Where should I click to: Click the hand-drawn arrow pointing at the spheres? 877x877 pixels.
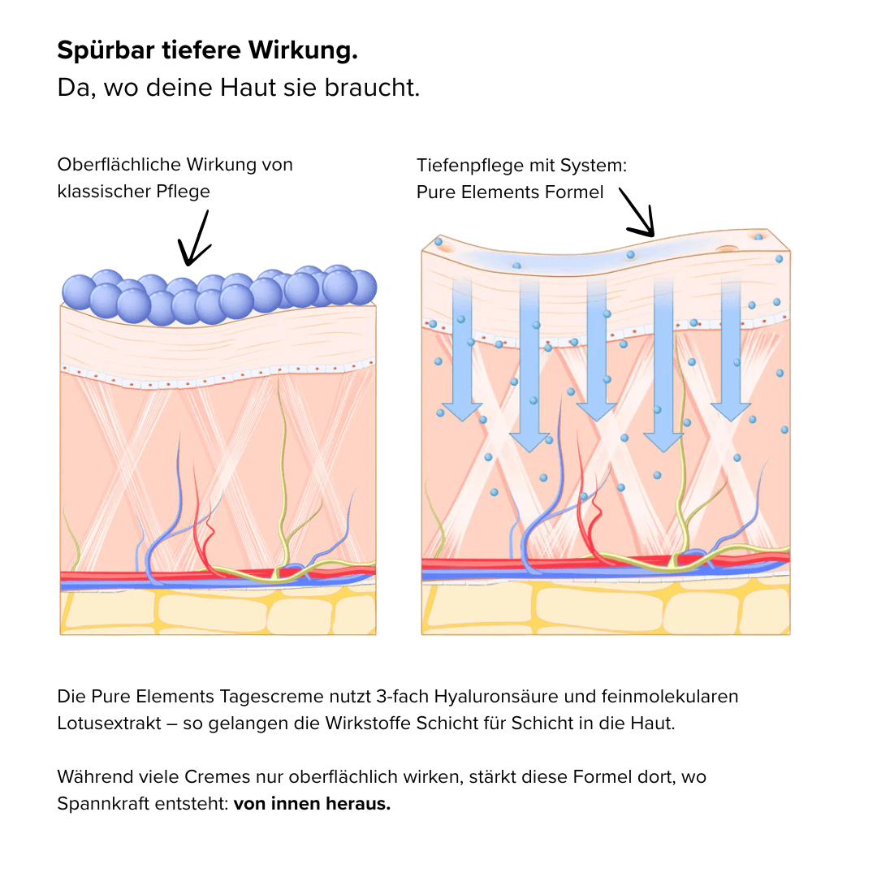tap(195, 239)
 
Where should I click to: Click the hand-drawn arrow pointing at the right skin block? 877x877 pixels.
tap(638, 213)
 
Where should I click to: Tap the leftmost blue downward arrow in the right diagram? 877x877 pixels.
tap(464, 349)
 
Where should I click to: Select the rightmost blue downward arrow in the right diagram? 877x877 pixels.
tap(731, 349)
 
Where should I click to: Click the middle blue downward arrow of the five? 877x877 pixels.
tap(597, 349)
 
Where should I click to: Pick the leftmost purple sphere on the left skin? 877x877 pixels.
tap(79, 292)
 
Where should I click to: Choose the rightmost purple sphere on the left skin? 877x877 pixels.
tap(360, 286)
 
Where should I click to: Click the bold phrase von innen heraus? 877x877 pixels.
tap(312, 805)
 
